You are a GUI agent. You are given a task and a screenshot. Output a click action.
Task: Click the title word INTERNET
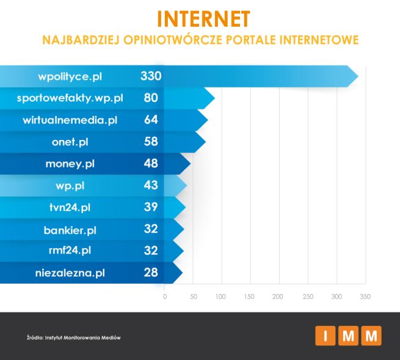click(203, 18)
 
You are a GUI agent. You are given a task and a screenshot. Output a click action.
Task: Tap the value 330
click(150, 76)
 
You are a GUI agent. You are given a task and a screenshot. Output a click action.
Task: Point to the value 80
click(151, 98)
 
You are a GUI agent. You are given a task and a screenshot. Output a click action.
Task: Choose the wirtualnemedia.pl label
click(70, 120)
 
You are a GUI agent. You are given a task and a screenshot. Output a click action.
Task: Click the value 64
click(151, 120)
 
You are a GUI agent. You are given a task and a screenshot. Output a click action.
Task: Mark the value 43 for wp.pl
click(151, 185)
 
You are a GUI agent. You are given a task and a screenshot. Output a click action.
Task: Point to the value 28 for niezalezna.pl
click(151, 273)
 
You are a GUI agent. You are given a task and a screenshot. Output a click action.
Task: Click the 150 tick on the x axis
click(249, 297)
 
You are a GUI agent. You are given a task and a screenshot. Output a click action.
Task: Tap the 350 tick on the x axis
click(365, 297)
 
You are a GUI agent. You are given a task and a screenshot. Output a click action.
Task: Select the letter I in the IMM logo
click(325, 336)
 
